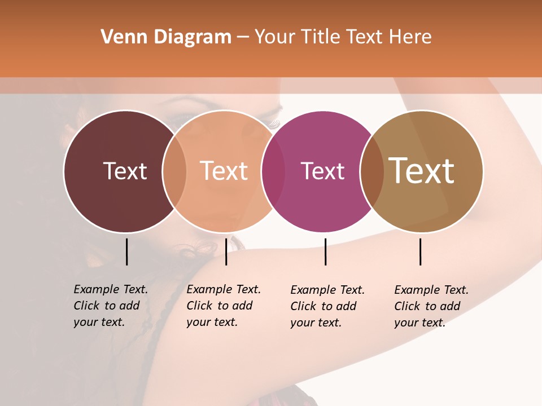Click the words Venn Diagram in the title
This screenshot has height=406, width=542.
166,37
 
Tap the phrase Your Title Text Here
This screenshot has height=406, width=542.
343,37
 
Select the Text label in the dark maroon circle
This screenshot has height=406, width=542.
125,171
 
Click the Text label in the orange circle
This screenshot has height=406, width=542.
224,171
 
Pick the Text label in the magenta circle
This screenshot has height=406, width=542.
322,171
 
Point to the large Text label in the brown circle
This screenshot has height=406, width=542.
422,171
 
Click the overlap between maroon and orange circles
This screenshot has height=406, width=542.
174,171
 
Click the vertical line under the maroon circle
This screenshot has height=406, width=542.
126,251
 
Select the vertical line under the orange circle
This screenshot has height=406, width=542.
226,251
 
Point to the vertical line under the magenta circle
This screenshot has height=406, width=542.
325,251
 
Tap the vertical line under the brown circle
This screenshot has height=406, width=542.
420,251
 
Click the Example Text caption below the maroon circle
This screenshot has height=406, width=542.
111,306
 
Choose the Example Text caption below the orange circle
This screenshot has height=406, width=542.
224,306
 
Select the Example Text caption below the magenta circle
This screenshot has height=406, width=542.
327,306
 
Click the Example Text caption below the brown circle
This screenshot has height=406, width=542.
431,306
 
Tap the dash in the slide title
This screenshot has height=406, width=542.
243,37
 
